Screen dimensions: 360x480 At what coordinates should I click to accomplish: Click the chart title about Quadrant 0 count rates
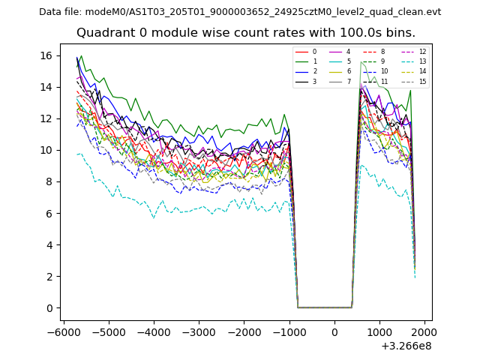246,33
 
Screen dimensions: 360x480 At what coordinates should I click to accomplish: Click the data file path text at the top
240,12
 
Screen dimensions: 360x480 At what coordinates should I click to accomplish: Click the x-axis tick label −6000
62,331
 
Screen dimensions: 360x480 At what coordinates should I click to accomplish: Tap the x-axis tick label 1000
379,331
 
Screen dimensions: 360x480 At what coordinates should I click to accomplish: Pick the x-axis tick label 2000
424,331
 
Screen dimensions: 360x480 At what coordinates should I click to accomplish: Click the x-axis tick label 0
334,331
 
